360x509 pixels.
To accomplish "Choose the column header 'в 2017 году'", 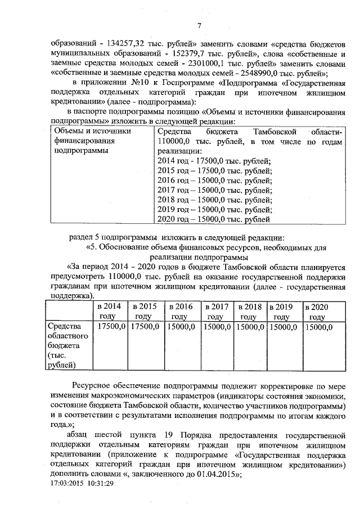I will [x=217, y=311].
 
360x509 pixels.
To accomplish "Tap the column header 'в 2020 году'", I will [x=317, y=311].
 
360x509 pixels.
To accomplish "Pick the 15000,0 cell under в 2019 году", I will [x=283, y=327].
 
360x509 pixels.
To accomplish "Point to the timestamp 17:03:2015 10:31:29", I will [x=82, y=483].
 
